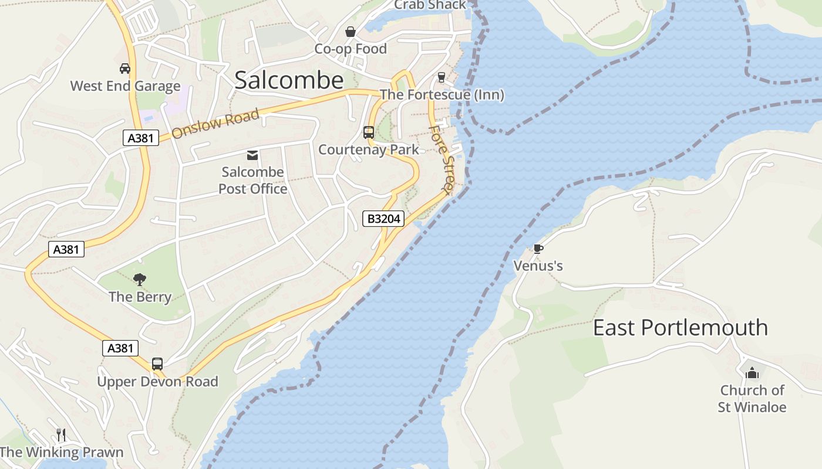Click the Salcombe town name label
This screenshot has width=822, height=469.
289,80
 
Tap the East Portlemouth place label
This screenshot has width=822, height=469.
680,327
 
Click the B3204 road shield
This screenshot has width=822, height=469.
383,219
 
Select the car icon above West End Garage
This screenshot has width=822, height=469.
125,69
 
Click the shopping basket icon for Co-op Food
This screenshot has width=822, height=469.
351,32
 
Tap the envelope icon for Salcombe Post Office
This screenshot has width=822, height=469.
252,155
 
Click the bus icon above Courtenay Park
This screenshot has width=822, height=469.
369,132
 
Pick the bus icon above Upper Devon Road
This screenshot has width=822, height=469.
157,364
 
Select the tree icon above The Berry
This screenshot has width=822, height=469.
140,279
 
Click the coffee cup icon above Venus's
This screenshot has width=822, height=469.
538,249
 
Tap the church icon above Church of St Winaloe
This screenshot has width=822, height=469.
752,373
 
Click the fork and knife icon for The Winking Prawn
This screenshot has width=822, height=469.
60,434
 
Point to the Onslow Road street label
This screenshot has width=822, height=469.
215,123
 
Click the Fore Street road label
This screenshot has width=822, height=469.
442,159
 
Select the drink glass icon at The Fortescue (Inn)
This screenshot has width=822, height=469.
442,77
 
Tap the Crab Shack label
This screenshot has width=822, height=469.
430,5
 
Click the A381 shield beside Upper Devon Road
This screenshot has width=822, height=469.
120,348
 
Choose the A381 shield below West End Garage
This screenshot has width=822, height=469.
141,138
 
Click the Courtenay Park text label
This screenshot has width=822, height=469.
369,149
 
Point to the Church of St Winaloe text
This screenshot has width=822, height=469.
752,398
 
